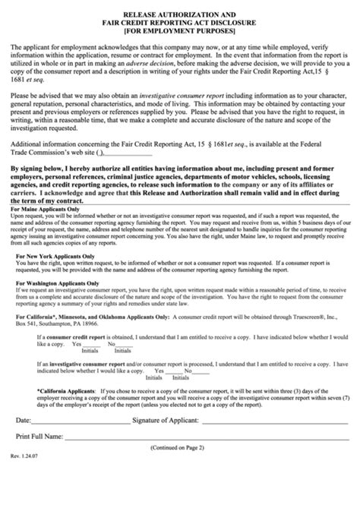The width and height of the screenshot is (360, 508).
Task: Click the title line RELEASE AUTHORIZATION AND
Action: [x=181, y=12]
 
